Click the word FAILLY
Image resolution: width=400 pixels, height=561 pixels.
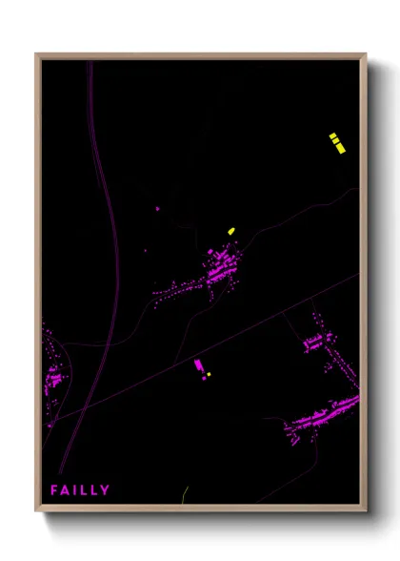80,489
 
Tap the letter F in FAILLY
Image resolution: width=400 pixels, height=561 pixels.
55,489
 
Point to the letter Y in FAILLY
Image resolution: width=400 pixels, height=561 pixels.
105,489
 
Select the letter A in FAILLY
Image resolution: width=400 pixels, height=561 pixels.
66,489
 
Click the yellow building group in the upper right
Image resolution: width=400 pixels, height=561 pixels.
335,142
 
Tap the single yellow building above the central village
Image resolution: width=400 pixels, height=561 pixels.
230,231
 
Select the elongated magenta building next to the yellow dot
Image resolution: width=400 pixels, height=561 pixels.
199,365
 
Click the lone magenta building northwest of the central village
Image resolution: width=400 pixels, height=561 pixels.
157,208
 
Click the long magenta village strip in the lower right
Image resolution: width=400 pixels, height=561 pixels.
324,415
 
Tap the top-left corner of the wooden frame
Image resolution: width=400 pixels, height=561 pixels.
37,54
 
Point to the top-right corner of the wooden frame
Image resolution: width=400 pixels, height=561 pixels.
366,54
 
